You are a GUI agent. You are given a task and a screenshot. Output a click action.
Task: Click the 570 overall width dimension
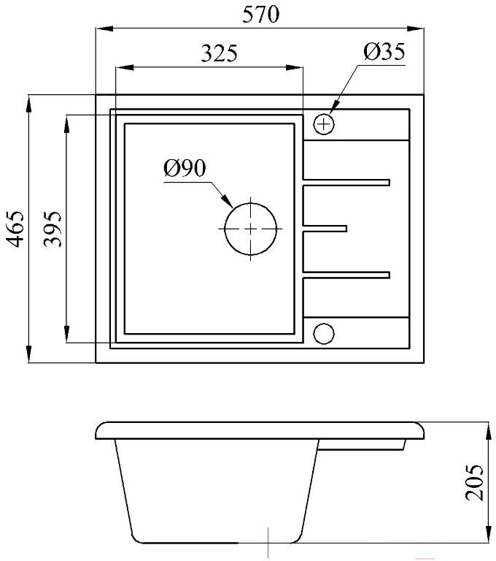click(x=260, y=15)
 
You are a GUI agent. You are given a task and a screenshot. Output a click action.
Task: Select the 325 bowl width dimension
click(x=219, y=53)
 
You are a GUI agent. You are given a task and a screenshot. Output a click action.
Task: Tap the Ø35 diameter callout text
click(x=384, y=52)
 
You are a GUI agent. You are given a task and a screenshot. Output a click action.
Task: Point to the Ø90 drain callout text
click(x=185, y=168)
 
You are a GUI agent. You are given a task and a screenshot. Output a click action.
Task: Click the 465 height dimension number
click(x=16, y=229)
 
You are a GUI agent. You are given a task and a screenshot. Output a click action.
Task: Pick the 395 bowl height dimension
click(x=53, y=229)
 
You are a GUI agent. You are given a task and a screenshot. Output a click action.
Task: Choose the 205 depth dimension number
click(x=474, y=482)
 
